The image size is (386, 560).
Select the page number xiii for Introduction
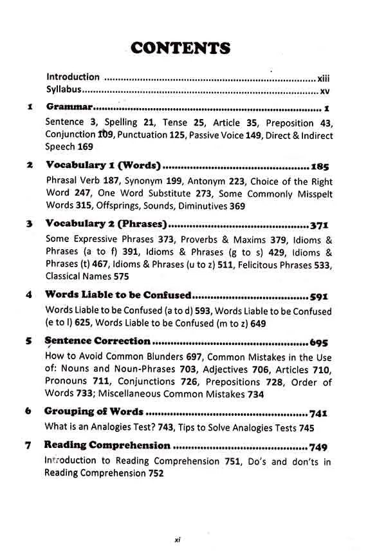pyautogui.click(x=326, y=77)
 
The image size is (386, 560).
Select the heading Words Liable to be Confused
pyautogui.click(x=118, y=295)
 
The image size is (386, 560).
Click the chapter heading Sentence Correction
pyautogui.click(x=98, y=341)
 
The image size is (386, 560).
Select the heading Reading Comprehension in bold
pyautogui.click(x=107, y=445)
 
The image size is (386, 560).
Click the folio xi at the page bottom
pyautogui.click(x=178, y=539)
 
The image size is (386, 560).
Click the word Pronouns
pyautogui.click(x=68, y=382)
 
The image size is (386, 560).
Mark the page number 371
pyautogui.click(x=319, y=225)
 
